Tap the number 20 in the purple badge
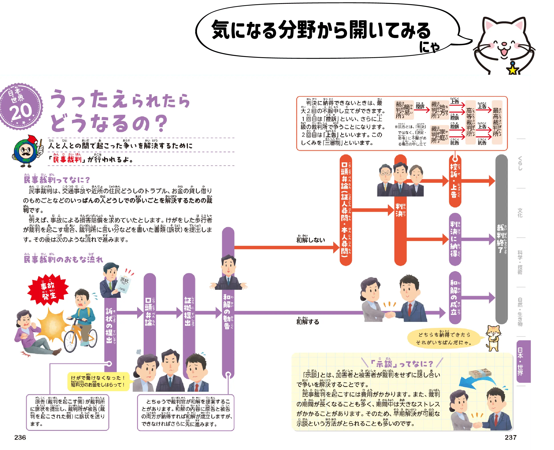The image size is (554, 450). tap(21, 111)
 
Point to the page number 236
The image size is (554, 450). tap(20, 438)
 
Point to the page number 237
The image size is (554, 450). tap(510, 438)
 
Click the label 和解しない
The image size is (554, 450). tap(311, 240)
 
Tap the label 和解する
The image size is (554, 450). tap(308, 322)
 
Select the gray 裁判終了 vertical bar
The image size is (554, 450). tap(501, 238)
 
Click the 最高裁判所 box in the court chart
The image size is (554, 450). tap(497, 122)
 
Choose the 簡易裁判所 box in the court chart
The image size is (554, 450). tap(404, 110)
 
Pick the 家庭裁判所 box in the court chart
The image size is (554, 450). tap(439, 134)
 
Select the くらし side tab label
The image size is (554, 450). tap(520, 163)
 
